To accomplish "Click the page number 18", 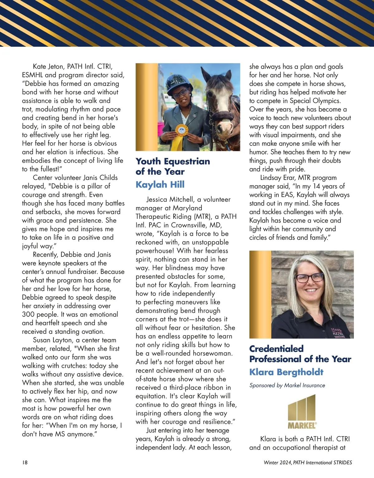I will point(25,462).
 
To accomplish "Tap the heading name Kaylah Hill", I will point(160,185).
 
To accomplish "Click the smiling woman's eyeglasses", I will point(309,277).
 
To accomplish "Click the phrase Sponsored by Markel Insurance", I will point(287,386).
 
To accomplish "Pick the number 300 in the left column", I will point(28,315).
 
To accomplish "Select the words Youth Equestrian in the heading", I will point(173,161).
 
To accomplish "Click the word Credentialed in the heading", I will point(276,349).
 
